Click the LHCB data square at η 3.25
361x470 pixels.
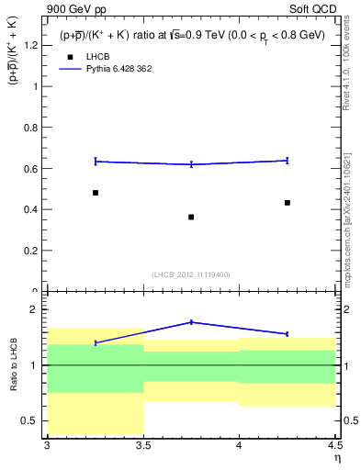(96, 193)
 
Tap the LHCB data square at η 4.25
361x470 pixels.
(288, 202)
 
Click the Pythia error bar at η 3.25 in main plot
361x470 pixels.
(96, 162)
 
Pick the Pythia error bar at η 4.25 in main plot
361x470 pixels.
(288, 161)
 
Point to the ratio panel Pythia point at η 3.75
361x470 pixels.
(191, 322)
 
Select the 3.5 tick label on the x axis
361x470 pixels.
(143, 444)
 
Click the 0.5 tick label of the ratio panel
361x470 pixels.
(30, 421)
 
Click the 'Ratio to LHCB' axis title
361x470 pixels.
(14, 365)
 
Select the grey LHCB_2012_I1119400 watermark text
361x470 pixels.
(191, 274)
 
